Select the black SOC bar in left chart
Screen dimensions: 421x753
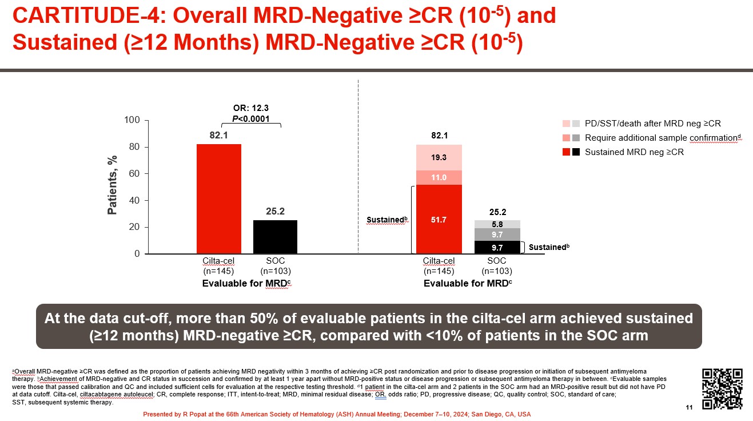tap(275, 237)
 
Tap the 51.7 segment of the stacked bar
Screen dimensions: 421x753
tap(439, 219)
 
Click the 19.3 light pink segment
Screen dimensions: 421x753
tap(439, 157)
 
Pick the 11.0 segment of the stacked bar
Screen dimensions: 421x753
tap(439, 178)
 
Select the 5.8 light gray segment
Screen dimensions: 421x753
tap(497, 224)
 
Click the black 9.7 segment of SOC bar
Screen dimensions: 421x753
tap(497, 248)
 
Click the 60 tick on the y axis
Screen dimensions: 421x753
tap(135, 174)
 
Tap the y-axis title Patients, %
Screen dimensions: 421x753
tap(112, 185)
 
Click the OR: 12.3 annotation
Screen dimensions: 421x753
tap(251, 108)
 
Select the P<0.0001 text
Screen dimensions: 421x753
tap(251, 118)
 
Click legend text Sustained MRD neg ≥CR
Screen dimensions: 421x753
tap(634, 152)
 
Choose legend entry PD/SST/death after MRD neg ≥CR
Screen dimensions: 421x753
tap(652, 124)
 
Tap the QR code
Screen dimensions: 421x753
tap(722, 389)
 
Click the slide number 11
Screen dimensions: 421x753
tap(688, 406)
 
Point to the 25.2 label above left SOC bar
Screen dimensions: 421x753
tap(275, 212)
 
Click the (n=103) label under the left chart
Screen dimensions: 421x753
tap(275, 271)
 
